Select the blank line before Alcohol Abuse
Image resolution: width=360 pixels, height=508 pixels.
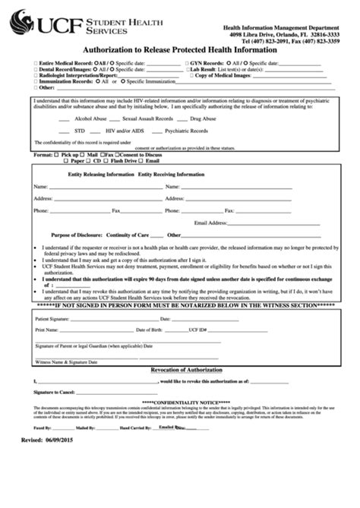(65, 120)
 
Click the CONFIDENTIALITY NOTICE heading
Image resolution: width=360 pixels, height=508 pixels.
(179, 402)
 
